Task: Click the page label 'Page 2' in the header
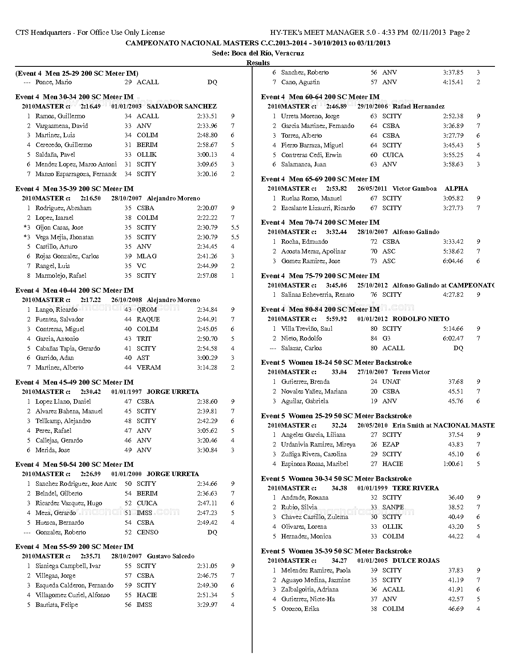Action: click(x=459, y=33)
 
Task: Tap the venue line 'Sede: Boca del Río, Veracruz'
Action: click(x=258, y=53)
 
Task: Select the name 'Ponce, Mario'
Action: click(x=53, y=82)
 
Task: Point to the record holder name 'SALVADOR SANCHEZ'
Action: click(x=182, y=106)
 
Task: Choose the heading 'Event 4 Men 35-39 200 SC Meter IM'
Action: click(x=74, y=189)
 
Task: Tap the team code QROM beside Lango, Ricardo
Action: click(x=147, y=310)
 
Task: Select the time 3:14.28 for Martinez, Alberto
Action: click(x=207, y=368)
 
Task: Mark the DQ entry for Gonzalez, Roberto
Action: click(x=212, y=532)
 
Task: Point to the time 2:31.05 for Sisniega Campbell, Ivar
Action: click(x=207, y=566)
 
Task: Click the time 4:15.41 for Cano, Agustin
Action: click(x=453, y=82)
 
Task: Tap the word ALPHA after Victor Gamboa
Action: click(x=456, y=189)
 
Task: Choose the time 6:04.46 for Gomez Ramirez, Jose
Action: click(x=453, y=261)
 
